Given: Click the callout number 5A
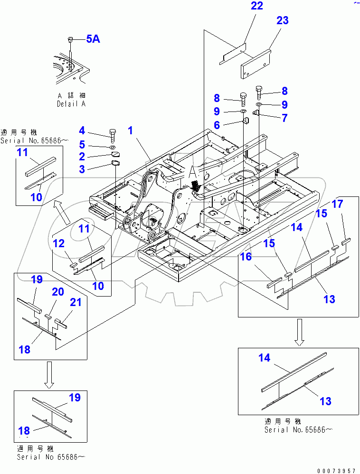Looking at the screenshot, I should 93,39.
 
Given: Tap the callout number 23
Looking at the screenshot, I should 282,21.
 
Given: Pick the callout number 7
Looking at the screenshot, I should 284,118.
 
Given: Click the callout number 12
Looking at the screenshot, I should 58,243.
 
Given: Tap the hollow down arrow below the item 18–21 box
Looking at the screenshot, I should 49,375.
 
